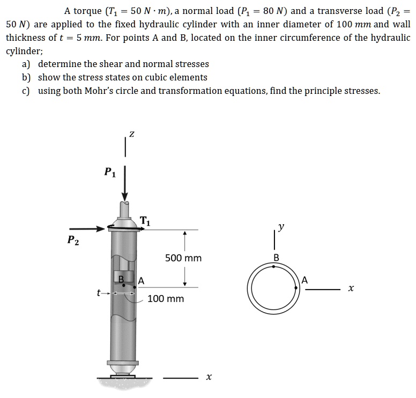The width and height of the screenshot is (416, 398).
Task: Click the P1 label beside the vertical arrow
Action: click(x=109, y=172)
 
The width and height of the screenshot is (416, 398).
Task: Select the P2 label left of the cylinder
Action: click(x=73, y=240)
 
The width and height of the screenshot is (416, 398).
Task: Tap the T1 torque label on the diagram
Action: click(x=145, y=219)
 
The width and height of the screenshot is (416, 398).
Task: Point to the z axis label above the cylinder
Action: click(x=131, y=131)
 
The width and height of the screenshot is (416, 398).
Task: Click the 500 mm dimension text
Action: click(x=183, y=258)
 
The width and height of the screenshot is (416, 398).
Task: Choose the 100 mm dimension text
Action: click(x=166, y=298)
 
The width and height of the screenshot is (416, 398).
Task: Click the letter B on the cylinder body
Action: click(x=121, y=278)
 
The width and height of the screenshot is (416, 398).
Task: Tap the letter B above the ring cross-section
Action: click(x=276, y=258)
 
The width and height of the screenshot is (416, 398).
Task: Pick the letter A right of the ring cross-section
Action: click(x=305, y=279)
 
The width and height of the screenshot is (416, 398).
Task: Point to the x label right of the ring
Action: click(x=351, y=289)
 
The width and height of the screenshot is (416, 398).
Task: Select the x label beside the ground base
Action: click(x=209, y=378)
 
